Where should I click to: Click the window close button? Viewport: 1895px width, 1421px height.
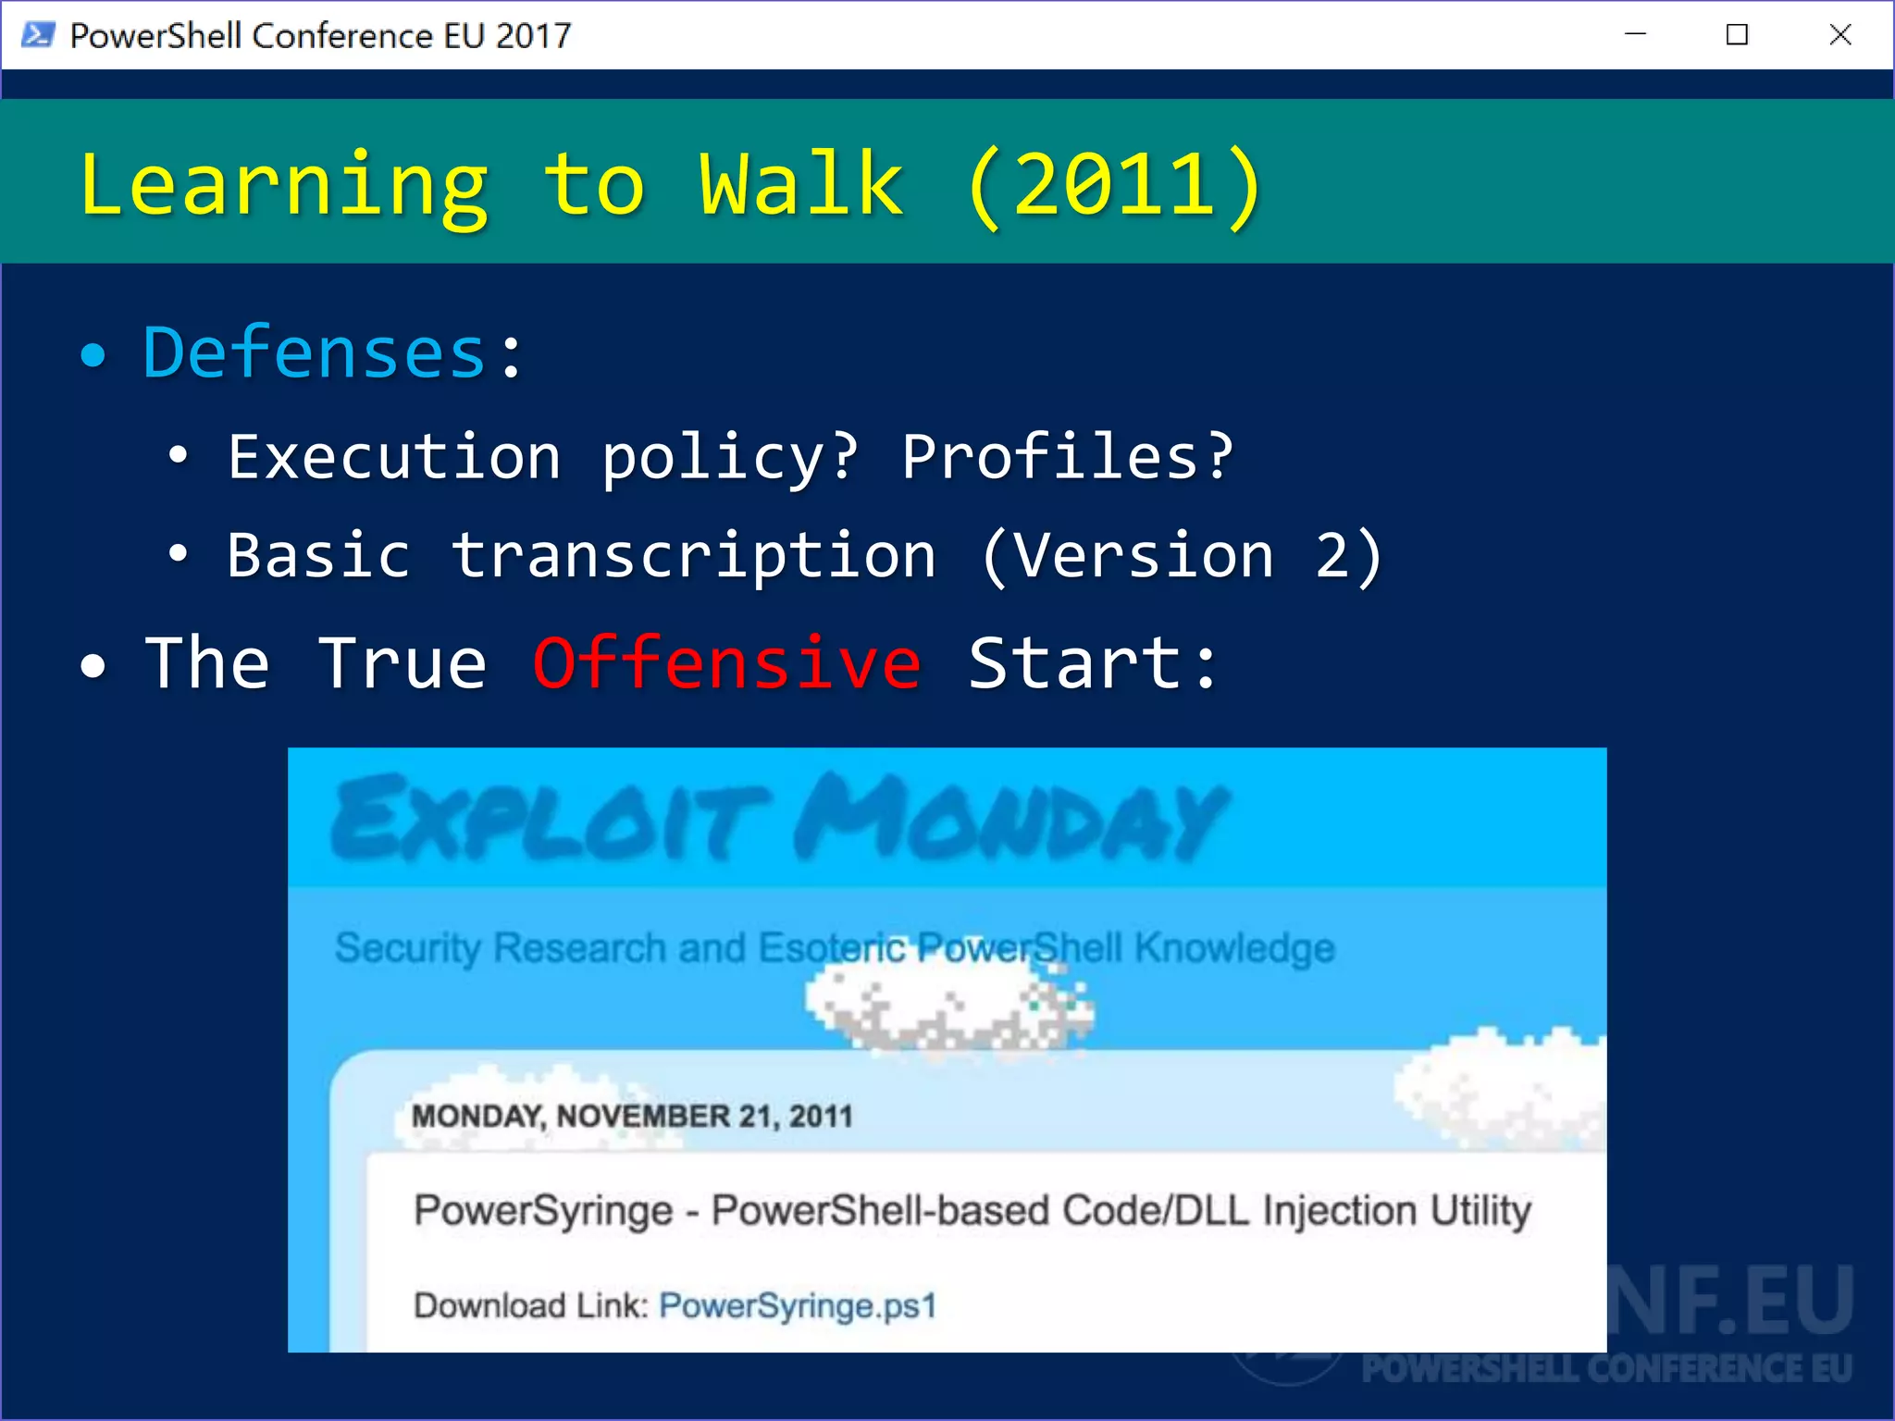[1839, 35]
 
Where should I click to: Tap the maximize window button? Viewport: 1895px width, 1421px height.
[1737, 35]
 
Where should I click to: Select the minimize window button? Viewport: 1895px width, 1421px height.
[1635, 35]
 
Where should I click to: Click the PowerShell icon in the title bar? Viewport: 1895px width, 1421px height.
[38, 35]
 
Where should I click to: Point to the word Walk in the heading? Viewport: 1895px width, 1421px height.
[801, 185]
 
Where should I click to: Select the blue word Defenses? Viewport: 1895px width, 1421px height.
[315, 353]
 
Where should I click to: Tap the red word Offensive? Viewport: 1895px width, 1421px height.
[726, 663]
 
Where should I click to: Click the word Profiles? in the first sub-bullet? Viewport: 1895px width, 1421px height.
[1068, 457]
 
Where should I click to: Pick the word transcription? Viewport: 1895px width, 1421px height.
[694, 556]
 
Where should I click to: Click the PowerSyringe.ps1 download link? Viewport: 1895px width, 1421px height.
[798, 1305]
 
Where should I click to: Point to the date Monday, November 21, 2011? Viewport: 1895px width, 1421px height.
[632, 1116]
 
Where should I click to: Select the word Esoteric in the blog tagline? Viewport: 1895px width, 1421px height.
[832, 948]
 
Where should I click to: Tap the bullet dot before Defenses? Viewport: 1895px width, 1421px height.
[93, 355]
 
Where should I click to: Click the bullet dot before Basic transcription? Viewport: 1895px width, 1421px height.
[178, 554]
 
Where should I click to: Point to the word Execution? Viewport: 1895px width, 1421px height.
[394, 457]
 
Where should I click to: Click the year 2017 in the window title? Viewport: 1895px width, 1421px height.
[534, 35]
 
